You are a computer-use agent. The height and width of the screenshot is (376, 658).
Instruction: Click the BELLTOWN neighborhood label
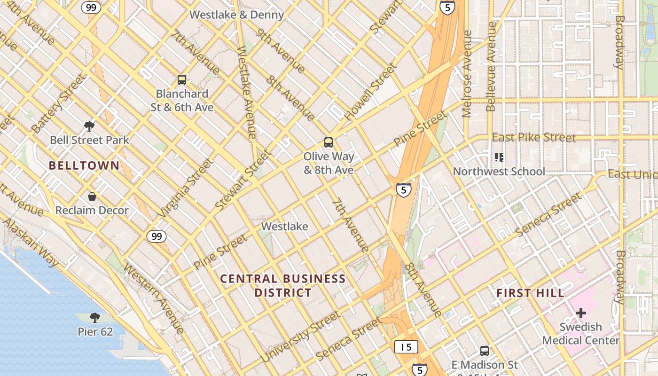(x=84, y=165)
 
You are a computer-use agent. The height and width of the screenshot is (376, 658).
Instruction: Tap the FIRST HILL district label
(x=530, y=293)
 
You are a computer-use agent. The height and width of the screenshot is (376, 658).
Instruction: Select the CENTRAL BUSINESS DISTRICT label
(x=283, y=286)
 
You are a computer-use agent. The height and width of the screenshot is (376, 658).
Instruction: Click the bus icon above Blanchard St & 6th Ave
(x=182, y=80)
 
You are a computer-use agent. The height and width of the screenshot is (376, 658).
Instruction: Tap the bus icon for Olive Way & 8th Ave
(x=329, y=142)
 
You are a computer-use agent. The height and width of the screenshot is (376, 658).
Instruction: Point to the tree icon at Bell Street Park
(x=89, y=126)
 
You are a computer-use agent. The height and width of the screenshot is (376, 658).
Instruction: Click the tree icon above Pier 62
(x=95, y=318)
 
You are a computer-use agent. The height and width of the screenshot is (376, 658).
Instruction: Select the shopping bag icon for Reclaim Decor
(x=92, y=196)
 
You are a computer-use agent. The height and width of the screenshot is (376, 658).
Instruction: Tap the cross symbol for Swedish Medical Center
(x=581, y=313)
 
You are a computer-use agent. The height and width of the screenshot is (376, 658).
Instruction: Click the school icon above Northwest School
(x=499, y=157)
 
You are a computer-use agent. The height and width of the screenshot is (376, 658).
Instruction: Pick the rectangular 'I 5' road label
(x=406, y=347)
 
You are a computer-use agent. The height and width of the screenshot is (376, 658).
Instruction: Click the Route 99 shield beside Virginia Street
(x=157, y=236)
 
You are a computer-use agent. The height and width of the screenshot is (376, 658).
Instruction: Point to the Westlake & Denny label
(x=236, y=15)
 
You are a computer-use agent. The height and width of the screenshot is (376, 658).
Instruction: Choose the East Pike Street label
(x=533, y=138)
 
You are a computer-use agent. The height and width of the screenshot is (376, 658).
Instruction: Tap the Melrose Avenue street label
(x=467, y=74)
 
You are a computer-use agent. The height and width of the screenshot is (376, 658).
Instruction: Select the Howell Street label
(x=371, y=92)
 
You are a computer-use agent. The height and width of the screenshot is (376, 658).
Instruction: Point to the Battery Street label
(x=59, y=103)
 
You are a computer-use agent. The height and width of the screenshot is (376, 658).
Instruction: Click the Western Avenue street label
(x=154, y=298)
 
